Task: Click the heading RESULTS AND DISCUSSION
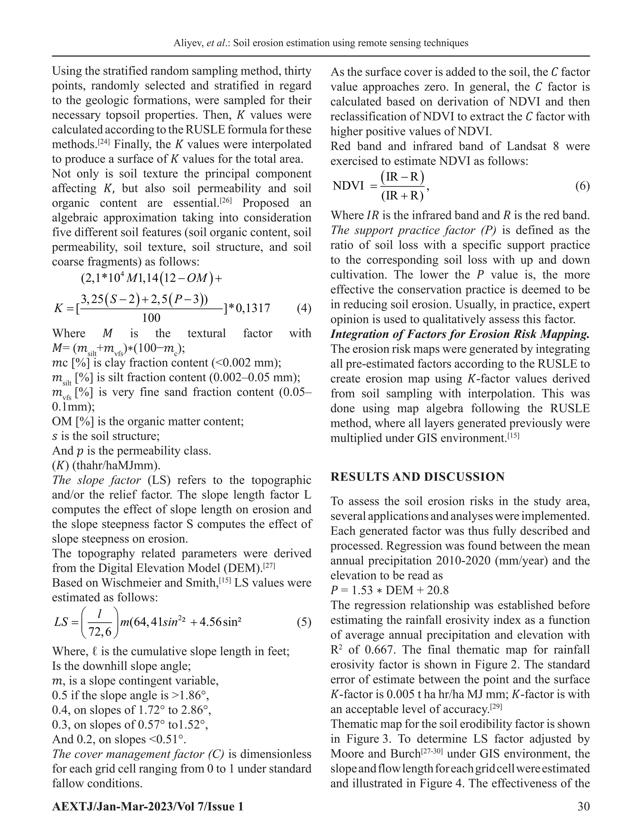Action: [417, 477]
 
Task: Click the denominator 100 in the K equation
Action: [151, 318]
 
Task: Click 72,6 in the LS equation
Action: [100, 632]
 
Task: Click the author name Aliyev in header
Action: [188, 43]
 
